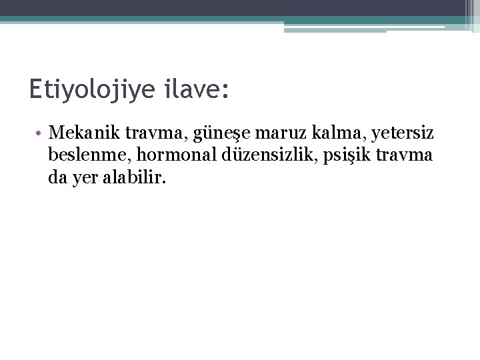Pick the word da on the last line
click(57, 177)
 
